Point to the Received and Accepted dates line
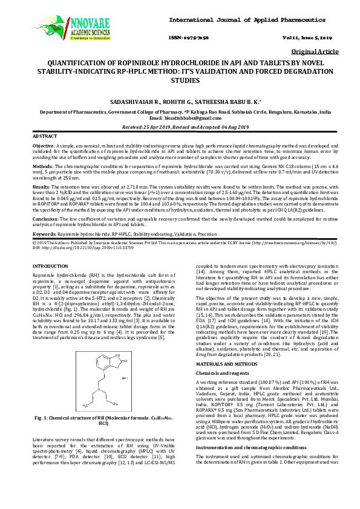[180, 128]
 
